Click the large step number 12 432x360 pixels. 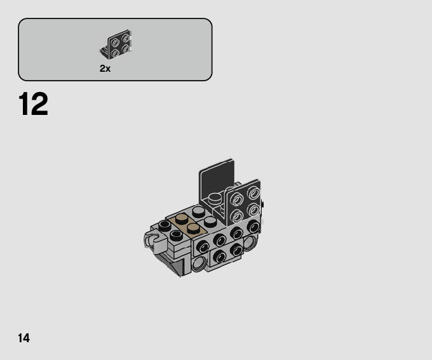click(33, 104)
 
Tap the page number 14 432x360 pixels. click(24, 338)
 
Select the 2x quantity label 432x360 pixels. click(105, 69)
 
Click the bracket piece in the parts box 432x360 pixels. click(116, 44)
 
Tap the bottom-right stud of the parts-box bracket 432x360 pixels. click(126, 49)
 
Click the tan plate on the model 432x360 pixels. click(188, 224)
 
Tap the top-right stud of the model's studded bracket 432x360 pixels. click(253, 192)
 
